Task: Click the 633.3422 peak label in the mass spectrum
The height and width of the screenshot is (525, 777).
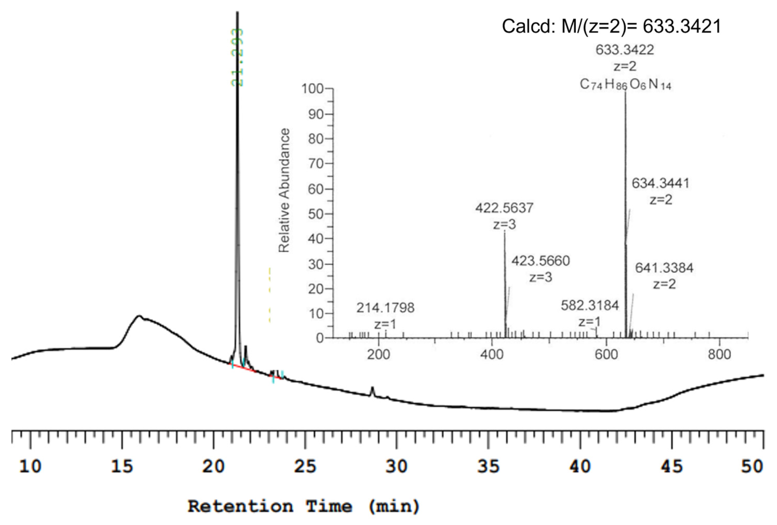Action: [625, 50]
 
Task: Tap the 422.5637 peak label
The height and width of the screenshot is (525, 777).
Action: [504, 208]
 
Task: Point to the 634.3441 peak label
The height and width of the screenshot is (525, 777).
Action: [660, 183]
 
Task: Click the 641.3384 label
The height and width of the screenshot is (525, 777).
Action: [664, 268]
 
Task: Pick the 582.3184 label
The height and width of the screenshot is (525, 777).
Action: [590, 305]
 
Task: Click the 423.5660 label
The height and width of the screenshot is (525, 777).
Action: [540, 261]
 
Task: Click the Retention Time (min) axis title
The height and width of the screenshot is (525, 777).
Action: [304, 506]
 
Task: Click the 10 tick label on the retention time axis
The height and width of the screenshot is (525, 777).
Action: [30, 466]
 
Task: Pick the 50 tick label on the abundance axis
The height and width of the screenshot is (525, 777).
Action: [316, 214]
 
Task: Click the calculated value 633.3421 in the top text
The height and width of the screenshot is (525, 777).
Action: [682, 26]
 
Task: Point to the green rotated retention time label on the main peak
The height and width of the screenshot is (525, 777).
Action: [237, 57]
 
